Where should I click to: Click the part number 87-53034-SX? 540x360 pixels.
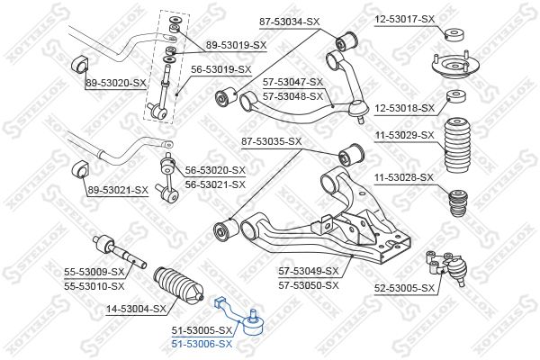tap(289, 22)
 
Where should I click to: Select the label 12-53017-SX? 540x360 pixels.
tap(405, 19)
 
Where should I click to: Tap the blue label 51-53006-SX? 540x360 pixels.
tap(202, 344)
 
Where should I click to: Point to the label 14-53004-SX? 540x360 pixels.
tap(136, 309)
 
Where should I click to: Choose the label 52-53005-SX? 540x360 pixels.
tap(405, 288)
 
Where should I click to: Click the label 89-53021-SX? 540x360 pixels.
tap(118, 190)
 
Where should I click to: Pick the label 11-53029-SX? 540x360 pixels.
tap(405, 135)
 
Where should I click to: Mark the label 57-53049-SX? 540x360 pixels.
tap(309, 271)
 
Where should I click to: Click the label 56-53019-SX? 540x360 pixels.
tap(221, 69)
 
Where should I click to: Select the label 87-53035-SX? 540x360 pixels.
tap(272, 141)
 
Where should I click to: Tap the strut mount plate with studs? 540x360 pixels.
tap(455, 65)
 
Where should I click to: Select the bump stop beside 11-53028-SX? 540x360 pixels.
tap(458, 202)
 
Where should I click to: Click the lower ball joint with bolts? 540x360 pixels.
tap(447, 267)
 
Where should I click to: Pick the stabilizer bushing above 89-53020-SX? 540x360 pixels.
tap(80, 64)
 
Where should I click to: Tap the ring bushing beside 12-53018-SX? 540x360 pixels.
tap(456, 96)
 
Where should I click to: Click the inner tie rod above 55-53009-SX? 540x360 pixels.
tap(120, 252)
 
